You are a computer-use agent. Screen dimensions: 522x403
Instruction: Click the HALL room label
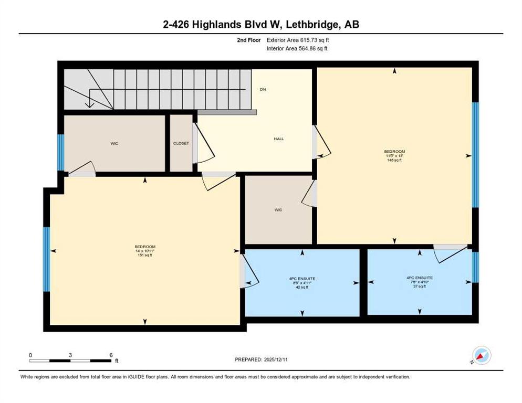(x=279, y=139)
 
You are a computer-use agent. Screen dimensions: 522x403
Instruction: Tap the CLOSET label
(x=181, y=143)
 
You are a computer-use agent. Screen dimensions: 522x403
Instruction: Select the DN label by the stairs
(x=263, y=90)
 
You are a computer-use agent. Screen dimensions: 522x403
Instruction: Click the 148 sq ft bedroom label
(x=394, y=156)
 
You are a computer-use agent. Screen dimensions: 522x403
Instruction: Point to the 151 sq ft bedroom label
(x=145, y=251)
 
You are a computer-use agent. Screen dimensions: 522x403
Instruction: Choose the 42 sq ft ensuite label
(x=302, y=283)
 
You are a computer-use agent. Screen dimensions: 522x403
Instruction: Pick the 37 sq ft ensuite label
(x=420, y=282)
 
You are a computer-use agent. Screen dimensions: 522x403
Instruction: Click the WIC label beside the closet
(x=114, y=144)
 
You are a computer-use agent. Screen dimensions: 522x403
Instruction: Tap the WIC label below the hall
(x=278, y=210)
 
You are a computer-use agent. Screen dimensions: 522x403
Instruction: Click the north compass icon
(x=482, y=356)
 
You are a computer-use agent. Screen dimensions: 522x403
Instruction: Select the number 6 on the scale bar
(x=111, y=355)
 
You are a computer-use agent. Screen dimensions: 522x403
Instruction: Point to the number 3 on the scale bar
(x=70, y=355)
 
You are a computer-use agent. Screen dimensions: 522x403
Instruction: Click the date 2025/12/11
(x=276, y=360)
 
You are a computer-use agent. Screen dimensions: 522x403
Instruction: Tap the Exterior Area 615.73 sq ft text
(x=298, y=40)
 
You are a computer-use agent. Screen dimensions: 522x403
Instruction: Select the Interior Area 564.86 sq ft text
(x=297, y=49)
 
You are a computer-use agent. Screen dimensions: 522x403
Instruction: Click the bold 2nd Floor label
(x=249, y=40)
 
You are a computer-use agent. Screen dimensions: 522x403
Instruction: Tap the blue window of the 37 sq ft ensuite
(x=475, y=267)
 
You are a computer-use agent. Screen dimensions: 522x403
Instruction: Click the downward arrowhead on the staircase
(x=90, y=104)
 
